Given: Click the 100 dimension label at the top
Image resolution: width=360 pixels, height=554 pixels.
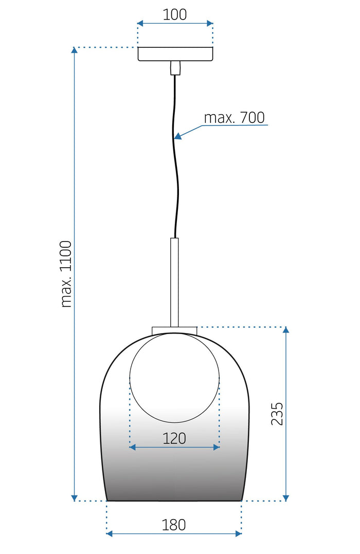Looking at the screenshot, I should click(x=175, y=14).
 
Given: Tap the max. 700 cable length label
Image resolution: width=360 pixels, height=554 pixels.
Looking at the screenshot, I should click(x=234, y=118).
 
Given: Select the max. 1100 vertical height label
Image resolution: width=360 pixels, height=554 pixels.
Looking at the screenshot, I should click(x=66, y=273).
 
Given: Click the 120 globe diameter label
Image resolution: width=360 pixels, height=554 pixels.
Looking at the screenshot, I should click(x=174, y=438).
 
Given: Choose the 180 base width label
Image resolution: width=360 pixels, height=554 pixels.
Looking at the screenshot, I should click(x=174, y=525).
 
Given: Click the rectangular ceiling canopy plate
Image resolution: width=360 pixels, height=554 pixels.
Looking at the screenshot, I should click(x=175, y=54).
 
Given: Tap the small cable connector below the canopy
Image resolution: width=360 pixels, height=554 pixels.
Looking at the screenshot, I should click(x=175, y=68).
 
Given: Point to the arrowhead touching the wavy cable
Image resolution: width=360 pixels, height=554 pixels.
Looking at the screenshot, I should click(x=178, y=137).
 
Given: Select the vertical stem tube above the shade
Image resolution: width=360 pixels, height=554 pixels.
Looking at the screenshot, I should click(x=175, y=282).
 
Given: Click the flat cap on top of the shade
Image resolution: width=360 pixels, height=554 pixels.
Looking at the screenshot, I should click(x=174, y=330).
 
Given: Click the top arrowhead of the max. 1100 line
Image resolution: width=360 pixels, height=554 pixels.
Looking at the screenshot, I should click(x=75, y=50).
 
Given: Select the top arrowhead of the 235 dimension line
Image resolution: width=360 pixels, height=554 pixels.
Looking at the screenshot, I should click(x=286, y=330).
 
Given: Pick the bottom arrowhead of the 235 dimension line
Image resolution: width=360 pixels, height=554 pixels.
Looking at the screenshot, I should click(x=286, y=497).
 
